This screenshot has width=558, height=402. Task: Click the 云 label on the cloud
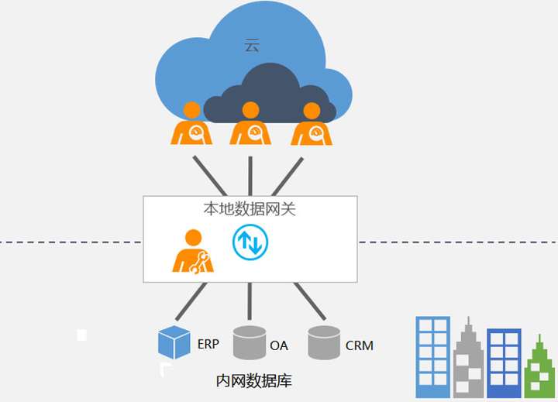point(252,46)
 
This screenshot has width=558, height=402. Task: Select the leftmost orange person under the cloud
point(191,125)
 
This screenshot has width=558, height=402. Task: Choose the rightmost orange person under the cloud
point(311,125)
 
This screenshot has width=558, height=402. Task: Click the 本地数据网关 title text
point(250,209)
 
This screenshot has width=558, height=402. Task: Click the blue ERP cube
point(174,342)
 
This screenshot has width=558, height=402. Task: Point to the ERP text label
point(208,344)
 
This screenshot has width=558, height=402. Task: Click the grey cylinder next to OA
point(249,342)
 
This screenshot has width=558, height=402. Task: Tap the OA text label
point(279,345)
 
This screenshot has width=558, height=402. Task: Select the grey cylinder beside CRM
point(325,342)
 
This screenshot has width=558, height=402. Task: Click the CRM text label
point(360,345)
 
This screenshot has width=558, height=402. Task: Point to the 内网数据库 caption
point(253,381)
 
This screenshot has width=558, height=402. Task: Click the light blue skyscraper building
point(432,356)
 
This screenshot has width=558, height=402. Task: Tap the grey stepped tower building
point(468,360)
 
